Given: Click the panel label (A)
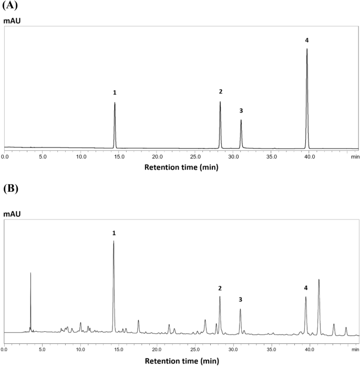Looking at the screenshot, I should (9, 6).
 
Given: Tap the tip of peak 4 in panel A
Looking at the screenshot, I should (307, 49).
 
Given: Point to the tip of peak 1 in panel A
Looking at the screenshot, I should (115, 103).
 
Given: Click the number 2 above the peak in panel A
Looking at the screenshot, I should (220, 92).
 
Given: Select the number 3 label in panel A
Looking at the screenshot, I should (241, 111).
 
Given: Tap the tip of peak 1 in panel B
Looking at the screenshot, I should (114, 241).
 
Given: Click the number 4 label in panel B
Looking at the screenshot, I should (306, 288).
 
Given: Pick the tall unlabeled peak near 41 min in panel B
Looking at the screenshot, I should (319, 280).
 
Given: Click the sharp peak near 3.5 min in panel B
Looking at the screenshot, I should (30, 273).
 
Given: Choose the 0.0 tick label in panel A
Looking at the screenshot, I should (5, 156).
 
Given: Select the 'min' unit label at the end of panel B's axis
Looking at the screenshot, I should (355, 349).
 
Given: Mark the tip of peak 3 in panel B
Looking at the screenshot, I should (240, 309).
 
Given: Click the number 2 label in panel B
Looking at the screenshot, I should (220, 288).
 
